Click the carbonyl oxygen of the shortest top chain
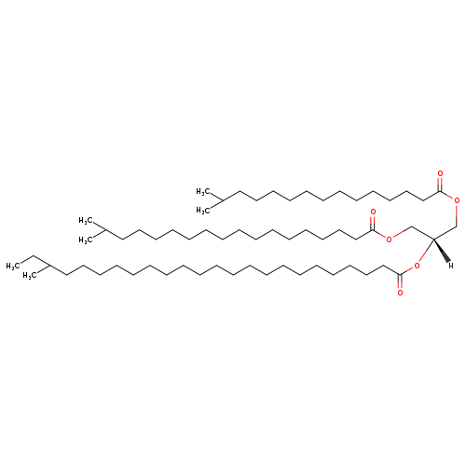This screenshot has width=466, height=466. click(440, 173)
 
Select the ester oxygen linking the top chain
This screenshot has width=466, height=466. click(457, 200)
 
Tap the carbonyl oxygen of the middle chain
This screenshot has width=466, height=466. click(373, 212)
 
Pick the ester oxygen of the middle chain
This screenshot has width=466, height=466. click(389, 239)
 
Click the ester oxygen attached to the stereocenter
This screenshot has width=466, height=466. click(417, 266)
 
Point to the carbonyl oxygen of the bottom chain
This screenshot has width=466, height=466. click(400, 293)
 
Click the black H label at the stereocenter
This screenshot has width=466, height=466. click(451, 266)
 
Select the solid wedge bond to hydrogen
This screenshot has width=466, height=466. click(441, 250)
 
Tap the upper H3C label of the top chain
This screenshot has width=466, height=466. click(203, 192)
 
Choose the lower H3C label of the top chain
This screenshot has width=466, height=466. click(203, 211)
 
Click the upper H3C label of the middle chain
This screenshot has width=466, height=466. click(86, 221)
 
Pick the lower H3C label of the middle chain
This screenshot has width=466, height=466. click(86, 240)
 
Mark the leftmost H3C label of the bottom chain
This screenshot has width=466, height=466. click(13, 267)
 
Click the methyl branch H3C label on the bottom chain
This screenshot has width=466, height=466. click(30, 276)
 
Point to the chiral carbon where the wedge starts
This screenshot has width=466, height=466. click(433, 239)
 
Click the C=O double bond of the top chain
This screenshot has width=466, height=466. click(440, 185)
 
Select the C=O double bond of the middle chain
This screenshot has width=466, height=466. click(373, 223)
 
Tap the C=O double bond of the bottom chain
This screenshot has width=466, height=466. click(400, 281)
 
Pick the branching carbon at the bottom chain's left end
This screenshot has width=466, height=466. click(49, 266)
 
